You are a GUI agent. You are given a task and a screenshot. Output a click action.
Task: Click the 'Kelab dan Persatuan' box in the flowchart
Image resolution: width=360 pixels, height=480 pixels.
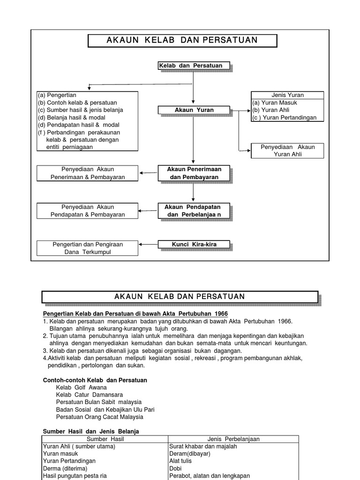194,66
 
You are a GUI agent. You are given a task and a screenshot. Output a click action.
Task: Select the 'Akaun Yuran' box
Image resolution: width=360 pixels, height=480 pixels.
194,110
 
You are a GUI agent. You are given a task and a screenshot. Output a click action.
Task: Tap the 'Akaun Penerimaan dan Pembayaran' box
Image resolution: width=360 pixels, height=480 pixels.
194,173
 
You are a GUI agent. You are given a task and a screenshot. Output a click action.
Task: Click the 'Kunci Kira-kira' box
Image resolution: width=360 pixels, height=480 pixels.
194,244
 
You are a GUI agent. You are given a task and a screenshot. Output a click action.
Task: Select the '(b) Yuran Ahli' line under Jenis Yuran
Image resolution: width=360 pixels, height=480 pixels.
271,110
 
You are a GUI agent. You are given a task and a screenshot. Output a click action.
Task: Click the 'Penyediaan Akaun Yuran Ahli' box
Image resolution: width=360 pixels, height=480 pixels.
287,150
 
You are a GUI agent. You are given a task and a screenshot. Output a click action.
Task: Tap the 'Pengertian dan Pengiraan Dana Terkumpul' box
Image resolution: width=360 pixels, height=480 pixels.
88,248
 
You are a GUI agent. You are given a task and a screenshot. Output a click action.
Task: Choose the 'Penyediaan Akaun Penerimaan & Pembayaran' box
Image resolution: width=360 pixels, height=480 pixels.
88,173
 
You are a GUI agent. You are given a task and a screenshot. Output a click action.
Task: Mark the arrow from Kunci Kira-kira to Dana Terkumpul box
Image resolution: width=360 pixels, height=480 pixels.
148,244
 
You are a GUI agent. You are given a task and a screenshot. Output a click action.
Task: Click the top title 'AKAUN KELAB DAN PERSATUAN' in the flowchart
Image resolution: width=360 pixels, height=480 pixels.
182,40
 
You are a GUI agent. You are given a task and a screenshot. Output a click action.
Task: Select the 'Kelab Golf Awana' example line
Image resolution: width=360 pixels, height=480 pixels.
81,388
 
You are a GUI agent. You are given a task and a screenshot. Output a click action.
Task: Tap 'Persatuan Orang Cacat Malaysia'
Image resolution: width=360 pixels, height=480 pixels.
99,417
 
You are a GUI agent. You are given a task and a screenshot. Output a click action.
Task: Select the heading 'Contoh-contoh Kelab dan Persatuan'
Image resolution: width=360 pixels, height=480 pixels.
95,380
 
